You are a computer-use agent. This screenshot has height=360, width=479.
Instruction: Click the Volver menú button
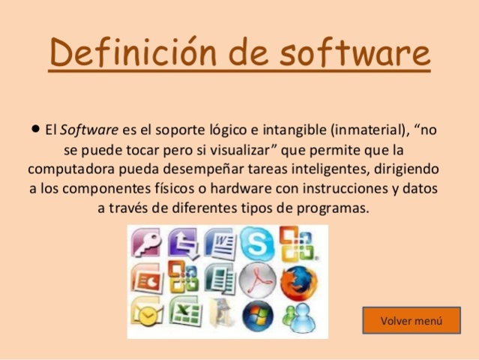click(x=412, y=320)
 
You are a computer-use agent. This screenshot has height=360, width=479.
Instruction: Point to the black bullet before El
click(x=35, y=129)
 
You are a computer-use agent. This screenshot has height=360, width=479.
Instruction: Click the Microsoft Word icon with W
click(x=221, y=243)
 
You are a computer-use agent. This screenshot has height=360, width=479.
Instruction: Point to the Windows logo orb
click(x=259, y=315)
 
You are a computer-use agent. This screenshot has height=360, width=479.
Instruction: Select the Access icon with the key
click(x=147, y=243)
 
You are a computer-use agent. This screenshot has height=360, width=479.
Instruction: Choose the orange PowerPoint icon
click(x=147, y=279)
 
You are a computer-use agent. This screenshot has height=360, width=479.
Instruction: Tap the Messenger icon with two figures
click(x=299, y=316)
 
